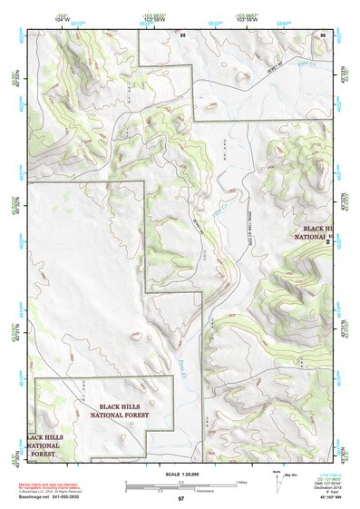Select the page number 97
[180, 500]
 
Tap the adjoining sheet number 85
[182, 34]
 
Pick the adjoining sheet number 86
[323, 34]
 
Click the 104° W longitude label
[62, 15]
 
